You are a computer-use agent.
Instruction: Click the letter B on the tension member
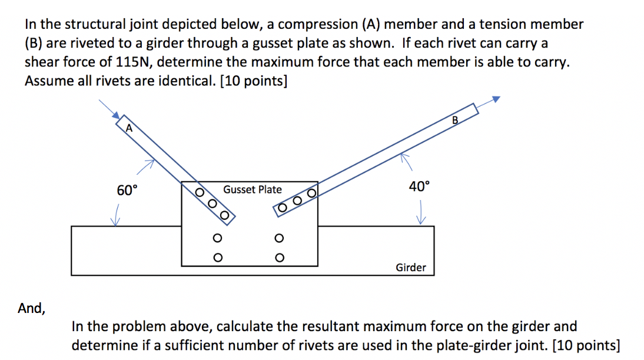click(454, 121)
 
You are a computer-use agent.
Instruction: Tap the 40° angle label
click(419, 186)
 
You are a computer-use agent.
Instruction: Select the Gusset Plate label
click(253, 189)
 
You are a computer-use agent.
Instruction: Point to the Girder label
click(410, 268)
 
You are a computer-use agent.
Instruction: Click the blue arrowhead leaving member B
click(496, 99)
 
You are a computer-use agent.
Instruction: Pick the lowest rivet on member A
click(224, 214)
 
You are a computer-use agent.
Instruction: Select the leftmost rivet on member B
click(282, 207)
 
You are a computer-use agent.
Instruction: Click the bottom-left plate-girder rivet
click(217, 257)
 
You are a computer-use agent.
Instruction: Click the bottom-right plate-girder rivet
click(279, 257)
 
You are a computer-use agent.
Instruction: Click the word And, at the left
click(31, 308)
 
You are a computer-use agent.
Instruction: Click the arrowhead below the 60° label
click(116, 221)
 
